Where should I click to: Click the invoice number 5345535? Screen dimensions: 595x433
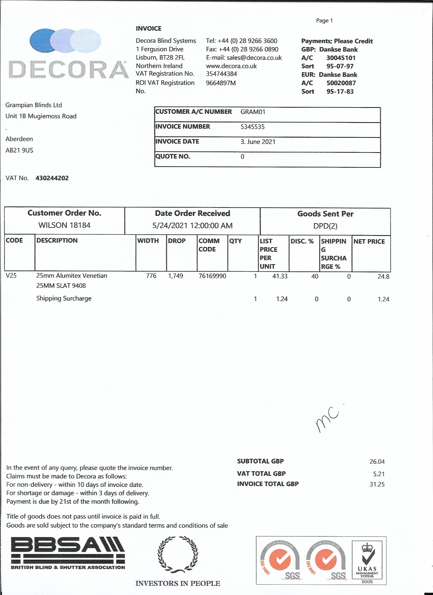(252, 127)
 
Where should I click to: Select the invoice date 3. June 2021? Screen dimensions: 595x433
(258, 142)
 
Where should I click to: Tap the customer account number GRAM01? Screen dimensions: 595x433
(253, 112)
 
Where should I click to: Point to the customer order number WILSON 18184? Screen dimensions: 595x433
(64, 225)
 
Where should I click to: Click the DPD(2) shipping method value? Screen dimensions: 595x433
(325, 226)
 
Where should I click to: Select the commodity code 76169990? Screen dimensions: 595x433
(212, 276)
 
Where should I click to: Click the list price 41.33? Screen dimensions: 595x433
(280, 276)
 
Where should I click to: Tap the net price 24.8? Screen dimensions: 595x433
(383, 277)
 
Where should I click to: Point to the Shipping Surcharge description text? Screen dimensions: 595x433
(64, 299)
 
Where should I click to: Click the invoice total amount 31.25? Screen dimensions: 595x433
(377, 484)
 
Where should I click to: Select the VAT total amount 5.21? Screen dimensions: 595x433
(379, 474)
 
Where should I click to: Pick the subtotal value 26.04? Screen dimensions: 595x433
(377, 461)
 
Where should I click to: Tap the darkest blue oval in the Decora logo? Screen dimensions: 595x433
(41, 41)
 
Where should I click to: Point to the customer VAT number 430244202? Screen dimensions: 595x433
(52, 178)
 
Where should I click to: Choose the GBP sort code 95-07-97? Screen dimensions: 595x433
(340, 66)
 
